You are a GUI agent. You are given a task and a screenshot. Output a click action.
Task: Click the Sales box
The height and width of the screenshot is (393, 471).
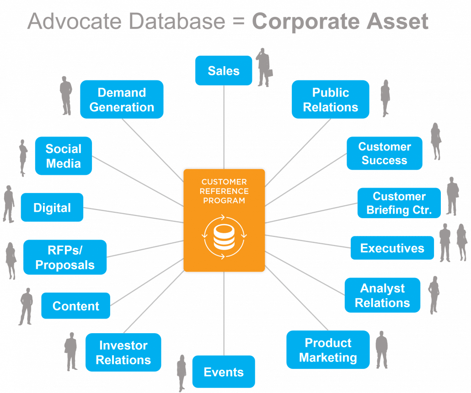(224, 71)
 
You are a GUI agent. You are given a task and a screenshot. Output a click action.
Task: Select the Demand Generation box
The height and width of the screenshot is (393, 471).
(122, 100)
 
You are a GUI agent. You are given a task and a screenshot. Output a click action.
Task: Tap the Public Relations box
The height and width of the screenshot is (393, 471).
(331, 100)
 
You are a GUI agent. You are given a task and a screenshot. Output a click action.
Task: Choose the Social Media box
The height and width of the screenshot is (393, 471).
(64, 156)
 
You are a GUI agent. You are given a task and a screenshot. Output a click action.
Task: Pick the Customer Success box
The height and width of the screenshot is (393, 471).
(384, 153)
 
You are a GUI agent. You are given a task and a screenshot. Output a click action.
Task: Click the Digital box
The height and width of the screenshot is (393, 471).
(52, 208)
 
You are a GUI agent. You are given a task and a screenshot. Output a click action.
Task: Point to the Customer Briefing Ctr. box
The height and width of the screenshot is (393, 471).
(399, 203)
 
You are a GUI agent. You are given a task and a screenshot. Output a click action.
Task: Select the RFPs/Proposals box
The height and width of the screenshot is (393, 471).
(65, 257)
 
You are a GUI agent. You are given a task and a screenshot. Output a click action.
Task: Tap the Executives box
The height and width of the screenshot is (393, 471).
(392, 248)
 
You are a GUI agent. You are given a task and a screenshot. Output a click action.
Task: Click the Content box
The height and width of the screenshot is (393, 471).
(75, 306)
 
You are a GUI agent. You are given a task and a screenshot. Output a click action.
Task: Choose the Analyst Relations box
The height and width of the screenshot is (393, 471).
(382, 295)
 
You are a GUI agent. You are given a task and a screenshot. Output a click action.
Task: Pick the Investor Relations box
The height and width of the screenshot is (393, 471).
(123, 352)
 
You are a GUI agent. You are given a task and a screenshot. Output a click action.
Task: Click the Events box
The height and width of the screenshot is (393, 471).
(224, 372)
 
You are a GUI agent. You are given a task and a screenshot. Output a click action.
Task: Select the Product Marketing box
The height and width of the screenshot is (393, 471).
(328, 350)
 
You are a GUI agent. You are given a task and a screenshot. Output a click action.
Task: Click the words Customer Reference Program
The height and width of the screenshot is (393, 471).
(224, 191)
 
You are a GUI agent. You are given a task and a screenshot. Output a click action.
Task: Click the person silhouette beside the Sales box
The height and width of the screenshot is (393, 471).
(264, 68)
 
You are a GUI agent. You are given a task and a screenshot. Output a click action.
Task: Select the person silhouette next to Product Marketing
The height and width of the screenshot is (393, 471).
(381, 349)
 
